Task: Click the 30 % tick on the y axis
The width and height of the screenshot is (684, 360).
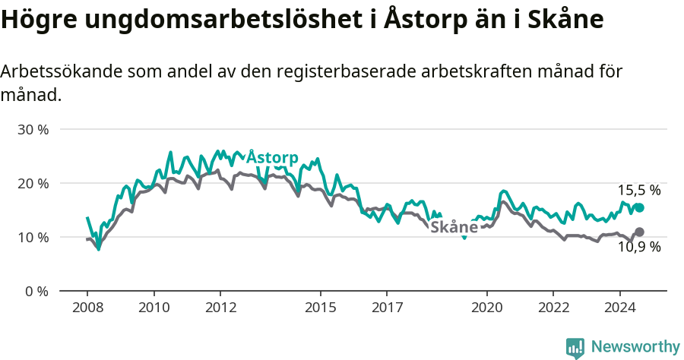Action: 33,130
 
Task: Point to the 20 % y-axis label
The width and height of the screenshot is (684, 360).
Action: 33,184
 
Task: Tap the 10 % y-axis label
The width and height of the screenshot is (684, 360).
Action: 33,238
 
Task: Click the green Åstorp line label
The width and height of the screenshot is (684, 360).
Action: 272,157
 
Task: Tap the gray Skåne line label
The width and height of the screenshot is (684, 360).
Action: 454,227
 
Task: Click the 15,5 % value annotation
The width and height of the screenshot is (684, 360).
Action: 638,191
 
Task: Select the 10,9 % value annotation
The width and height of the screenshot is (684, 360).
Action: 638,247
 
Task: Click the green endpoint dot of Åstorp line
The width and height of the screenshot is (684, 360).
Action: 639,208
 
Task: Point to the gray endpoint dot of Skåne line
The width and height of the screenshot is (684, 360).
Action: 639,232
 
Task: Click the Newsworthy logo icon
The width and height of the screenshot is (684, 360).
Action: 575,347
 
